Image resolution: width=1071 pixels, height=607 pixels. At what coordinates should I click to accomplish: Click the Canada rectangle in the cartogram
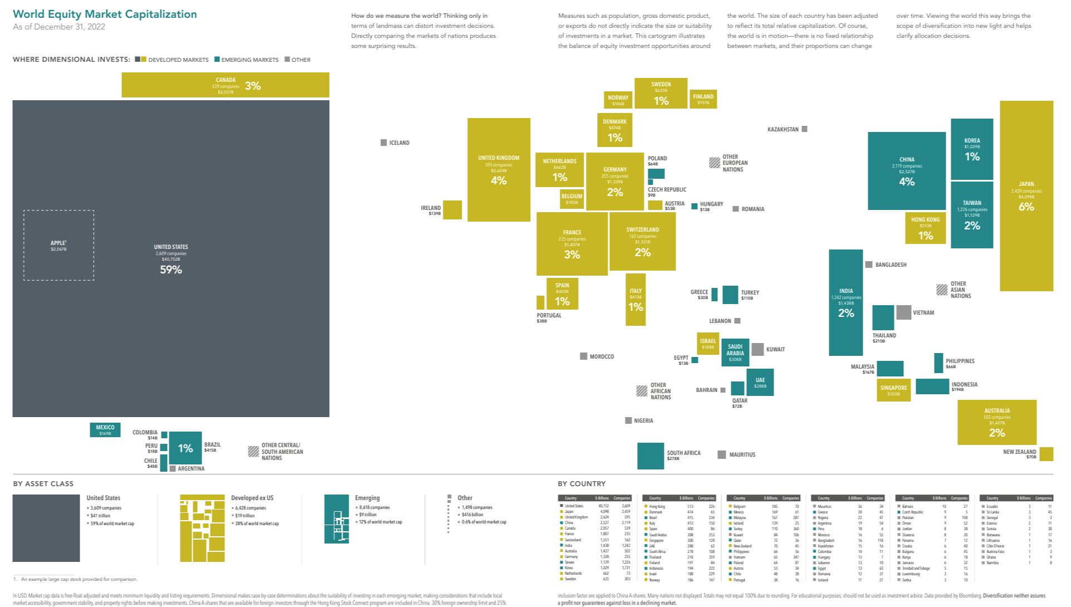click(x=225, y=85)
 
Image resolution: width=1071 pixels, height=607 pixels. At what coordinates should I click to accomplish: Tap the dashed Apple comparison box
click(x=58, y=245)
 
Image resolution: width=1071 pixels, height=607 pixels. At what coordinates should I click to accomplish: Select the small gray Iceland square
click(x=383, y=143)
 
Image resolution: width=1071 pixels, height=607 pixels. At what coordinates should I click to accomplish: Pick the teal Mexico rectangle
click(x=105, y=430)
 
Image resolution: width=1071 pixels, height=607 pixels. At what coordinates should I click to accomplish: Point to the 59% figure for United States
click(x=171, y=270)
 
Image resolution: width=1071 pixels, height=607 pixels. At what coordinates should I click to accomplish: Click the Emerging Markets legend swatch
click(x=217, y=60)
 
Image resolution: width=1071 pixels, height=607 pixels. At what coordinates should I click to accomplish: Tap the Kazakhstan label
click(x=783, y=129)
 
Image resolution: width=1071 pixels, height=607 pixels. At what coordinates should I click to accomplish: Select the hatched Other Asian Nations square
click(x=942, y=290)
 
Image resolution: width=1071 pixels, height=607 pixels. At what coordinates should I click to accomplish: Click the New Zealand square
click(x=1046, y=454)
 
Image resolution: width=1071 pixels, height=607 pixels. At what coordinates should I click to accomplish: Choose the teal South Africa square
click(x=650, y=456)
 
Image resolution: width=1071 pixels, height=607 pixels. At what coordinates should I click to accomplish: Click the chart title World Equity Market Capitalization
click(x=105, y=14)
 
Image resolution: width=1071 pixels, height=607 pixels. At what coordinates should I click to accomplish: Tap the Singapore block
click(x=893, y=390)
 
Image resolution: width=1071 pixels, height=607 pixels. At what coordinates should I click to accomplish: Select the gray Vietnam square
click(x=903, y=312)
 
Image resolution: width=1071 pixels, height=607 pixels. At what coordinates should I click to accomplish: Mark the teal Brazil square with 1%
click(x=185, y=448)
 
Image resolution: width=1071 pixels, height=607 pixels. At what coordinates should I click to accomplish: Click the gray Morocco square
click(x=583, y=356)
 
